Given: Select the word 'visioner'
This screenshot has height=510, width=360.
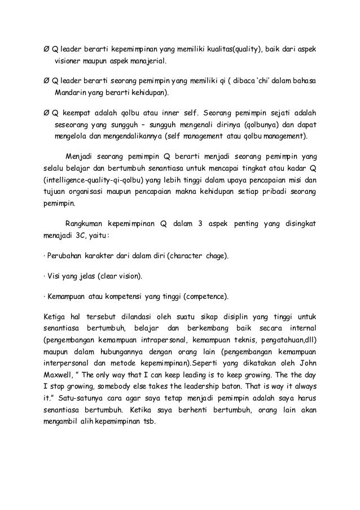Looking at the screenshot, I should (x=69, y=61).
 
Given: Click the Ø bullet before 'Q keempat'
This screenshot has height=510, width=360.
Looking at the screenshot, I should (x=47, y=112).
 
